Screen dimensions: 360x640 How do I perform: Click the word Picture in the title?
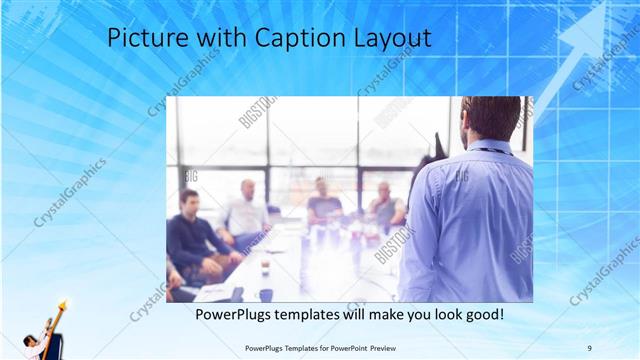143,39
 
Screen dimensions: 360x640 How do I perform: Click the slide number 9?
590,347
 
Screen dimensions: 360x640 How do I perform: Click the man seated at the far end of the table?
322,200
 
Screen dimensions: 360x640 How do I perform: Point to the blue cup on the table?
266,294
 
